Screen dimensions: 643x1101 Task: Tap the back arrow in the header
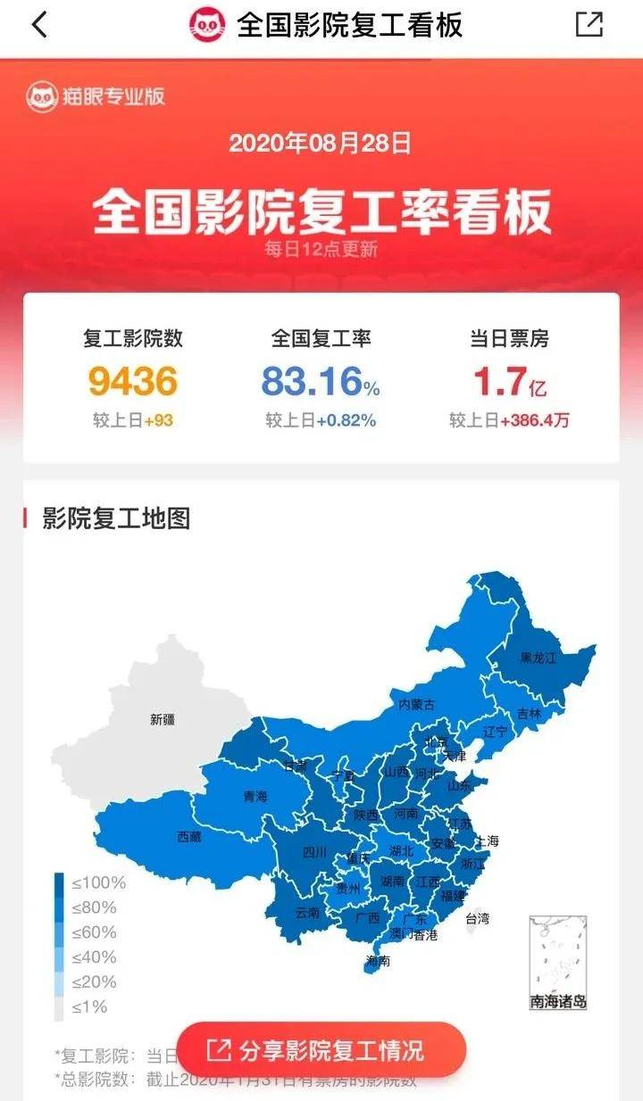tap(38, 25)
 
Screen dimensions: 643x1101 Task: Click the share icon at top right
tap(589, 25)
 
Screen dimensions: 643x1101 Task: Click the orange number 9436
tap(133, 382)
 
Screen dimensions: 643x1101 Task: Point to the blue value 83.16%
tap(321, 382)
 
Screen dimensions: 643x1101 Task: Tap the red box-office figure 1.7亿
tap(509, 382)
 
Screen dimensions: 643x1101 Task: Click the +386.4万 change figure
tap(534, 420)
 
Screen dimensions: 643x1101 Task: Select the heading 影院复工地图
tap(116, 518)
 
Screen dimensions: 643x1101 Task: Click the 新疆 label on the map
tap(163, 719)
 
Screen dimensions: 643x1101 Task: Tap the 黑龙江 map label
tap(538, 658)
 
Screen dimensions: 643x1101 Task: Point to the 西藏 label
tap(189, 837)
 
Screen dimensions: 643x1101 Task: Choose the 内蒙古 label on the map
tap(417, 704)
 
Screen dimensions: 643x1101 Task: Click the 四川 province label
tap(314, 852)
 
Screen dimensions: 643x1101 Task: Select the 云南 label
tap(306, 913)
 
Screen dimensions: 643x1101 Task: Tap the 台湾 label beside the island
tap(478, 917)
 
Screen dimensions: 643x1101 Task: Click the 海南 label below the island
tap(378, 961)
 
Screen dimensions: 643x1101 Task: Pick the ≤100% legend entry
tap(99, 883)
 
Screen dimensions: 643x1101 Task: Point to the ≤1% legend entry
tap(90, 1006)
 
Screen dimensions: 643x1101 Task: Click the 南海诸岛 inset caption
tap(558, 1001)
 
